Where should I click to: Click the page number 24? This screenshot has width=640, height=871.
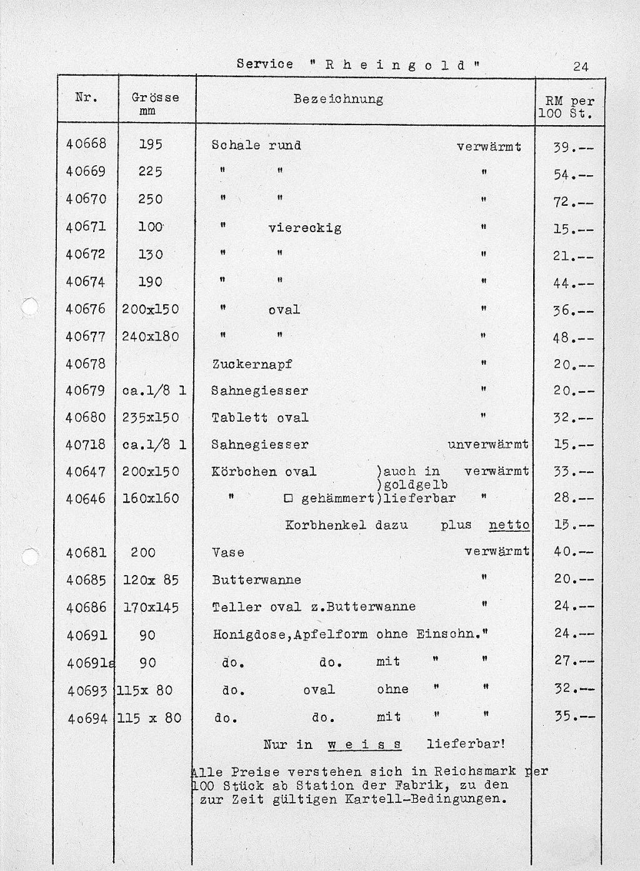(581, 66)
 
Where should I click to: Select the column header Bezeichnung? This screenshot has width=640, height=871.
(338, 99)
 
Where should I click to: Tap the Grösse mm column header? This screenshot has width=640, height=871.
(155, 103)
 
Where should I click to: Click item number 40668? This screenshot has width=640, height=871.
(86, 143)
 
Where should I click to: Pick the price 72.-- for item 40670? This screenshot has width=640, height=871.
(573, 202)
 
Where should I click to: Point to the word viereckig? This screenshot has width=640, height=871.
(305, 228)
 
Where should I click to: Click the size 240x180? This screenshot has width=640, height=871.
(151, 337)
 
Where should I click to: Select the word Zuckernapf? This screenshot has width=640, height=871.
(252, 364)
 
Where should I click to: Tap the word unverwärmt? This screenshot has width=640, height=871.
(488, 444)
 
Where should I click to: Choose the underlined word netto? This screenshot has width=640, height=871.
(509, 525)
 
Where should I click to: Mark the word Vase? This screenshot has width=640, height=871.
(227, 553)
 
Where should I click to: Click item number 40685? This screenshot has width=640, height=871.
(86, 580)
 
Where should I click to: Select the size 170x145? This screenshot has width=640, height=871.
(151, 607)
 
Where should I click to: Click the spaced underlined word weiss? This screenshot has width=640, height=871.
(364, 745)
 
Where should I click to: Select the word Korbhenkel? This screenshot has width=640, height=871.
(325, 525)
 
